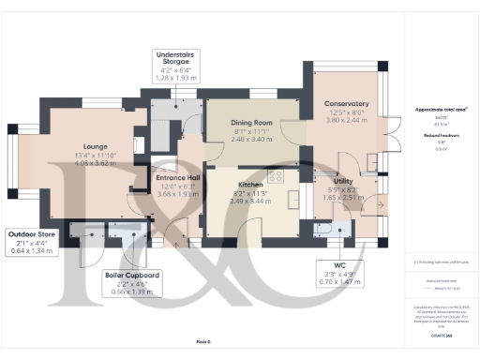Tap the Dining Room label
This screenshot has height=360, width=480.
tap(251, 123)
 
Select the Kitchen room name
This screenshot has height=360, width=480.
tap(249, 185)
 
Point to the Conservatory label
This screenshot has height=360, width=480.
tap(346, 103)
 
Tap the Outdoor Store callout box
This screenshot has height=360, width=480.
tap(34, 242)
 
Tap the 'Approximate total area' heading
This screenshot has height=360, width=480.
tap(441, 110)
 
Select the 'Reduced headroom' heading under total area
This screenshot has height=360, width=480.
tap(441, 135)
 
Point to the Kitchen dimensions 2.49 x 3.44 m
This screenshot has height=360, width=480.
tap(249, 202)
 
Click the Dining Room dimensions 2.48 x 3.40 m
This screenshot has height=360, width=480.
tap(251, 140)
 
